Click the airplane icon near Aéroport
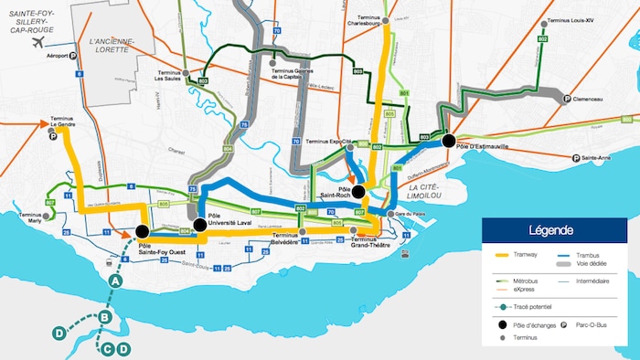[37, 43]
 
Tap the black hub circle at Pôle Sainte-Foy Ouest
[143, 231]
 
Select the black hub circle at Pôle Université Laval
[200, 225]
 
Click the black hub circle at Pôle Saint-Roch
[359, 192]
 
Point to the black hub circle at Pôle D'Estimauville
[448, 141]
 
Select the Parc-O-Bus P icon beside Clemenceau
[566, 100]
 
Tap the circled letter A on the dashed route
[116, 282]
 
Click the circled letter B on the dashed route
[105, 318]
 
